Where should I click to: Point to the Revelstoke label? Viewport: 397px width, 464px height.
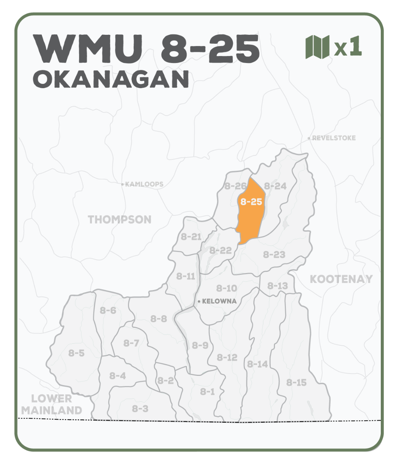click(333, 138)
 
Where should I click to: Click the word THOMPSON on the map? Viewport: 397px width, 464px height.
click(120, 220)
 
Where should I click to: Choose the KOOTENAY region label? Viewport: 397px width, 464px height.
click(341, 279)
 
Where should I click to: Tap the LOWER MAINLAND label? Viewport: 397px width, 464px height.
click(52, 404)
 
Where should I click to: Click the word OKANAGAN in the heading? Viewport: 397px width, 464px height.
click(111, 79)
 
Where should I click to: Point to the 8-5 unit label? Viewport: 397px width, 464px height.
click(76, 353)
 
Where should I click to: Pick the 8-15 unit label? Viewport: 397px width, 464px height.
click(296, 382)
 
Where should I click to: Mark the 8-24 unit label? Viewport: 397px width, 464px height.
click(275, 186)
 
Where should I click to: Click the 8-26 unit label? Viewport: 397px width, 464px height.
click(235, 186)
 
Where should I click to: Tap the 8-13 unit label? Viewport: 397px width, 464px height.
click(277, 286)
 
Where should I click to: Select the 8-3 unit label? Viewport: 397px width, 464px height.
click(140, 408)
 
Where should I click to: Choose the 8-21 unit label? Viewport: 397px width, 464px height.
click(191, 237)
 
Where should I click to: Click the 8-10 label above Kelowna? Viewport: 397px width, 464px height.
click(227, 288)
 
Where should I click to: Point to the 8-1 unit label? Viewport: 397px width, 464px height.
click(207, 392)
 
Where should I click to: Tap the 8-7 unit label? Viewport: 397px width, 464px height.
click(131, 343)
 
